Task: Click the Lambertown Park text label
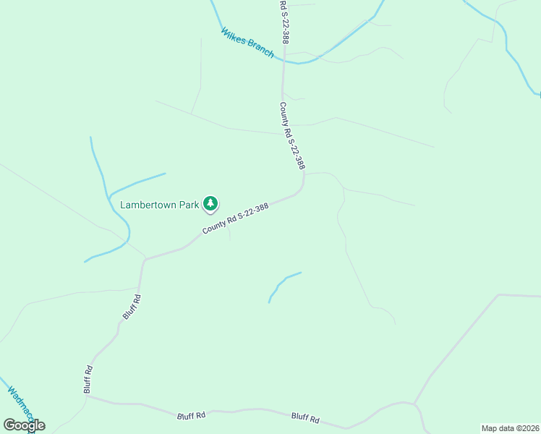pyautogui.click(x=159, y=205)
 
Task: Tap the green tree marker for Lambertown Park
pyautogui.click(x=210, y=205)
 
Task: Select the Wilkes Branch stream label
pyautogui.click(x=247, y=43)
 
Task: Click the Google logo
pyautogui.click(x=24, y=425)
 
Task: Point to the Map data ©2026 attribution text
pyautogui.click(x=511, y=427)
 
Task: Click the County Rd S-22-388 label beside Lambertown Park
pyautogui.click(x=236, y=217)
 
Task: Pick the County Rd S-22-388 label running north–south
pyautogui.click(x=292, y=135)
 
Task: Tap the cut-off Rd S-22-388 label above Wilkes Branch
pyautogui.click(x=285, y=22)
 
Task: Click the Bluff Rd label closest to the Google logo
pyautogui.click(x=88, y=379)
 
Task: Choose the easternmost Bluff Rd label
pyautogui.click(x=305, y=417)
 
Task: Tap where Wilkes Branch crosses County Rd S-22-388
pyautogui.click(x=284, y=59)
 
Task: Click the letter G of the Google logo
pyautogui.click(x=9, y=425)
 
